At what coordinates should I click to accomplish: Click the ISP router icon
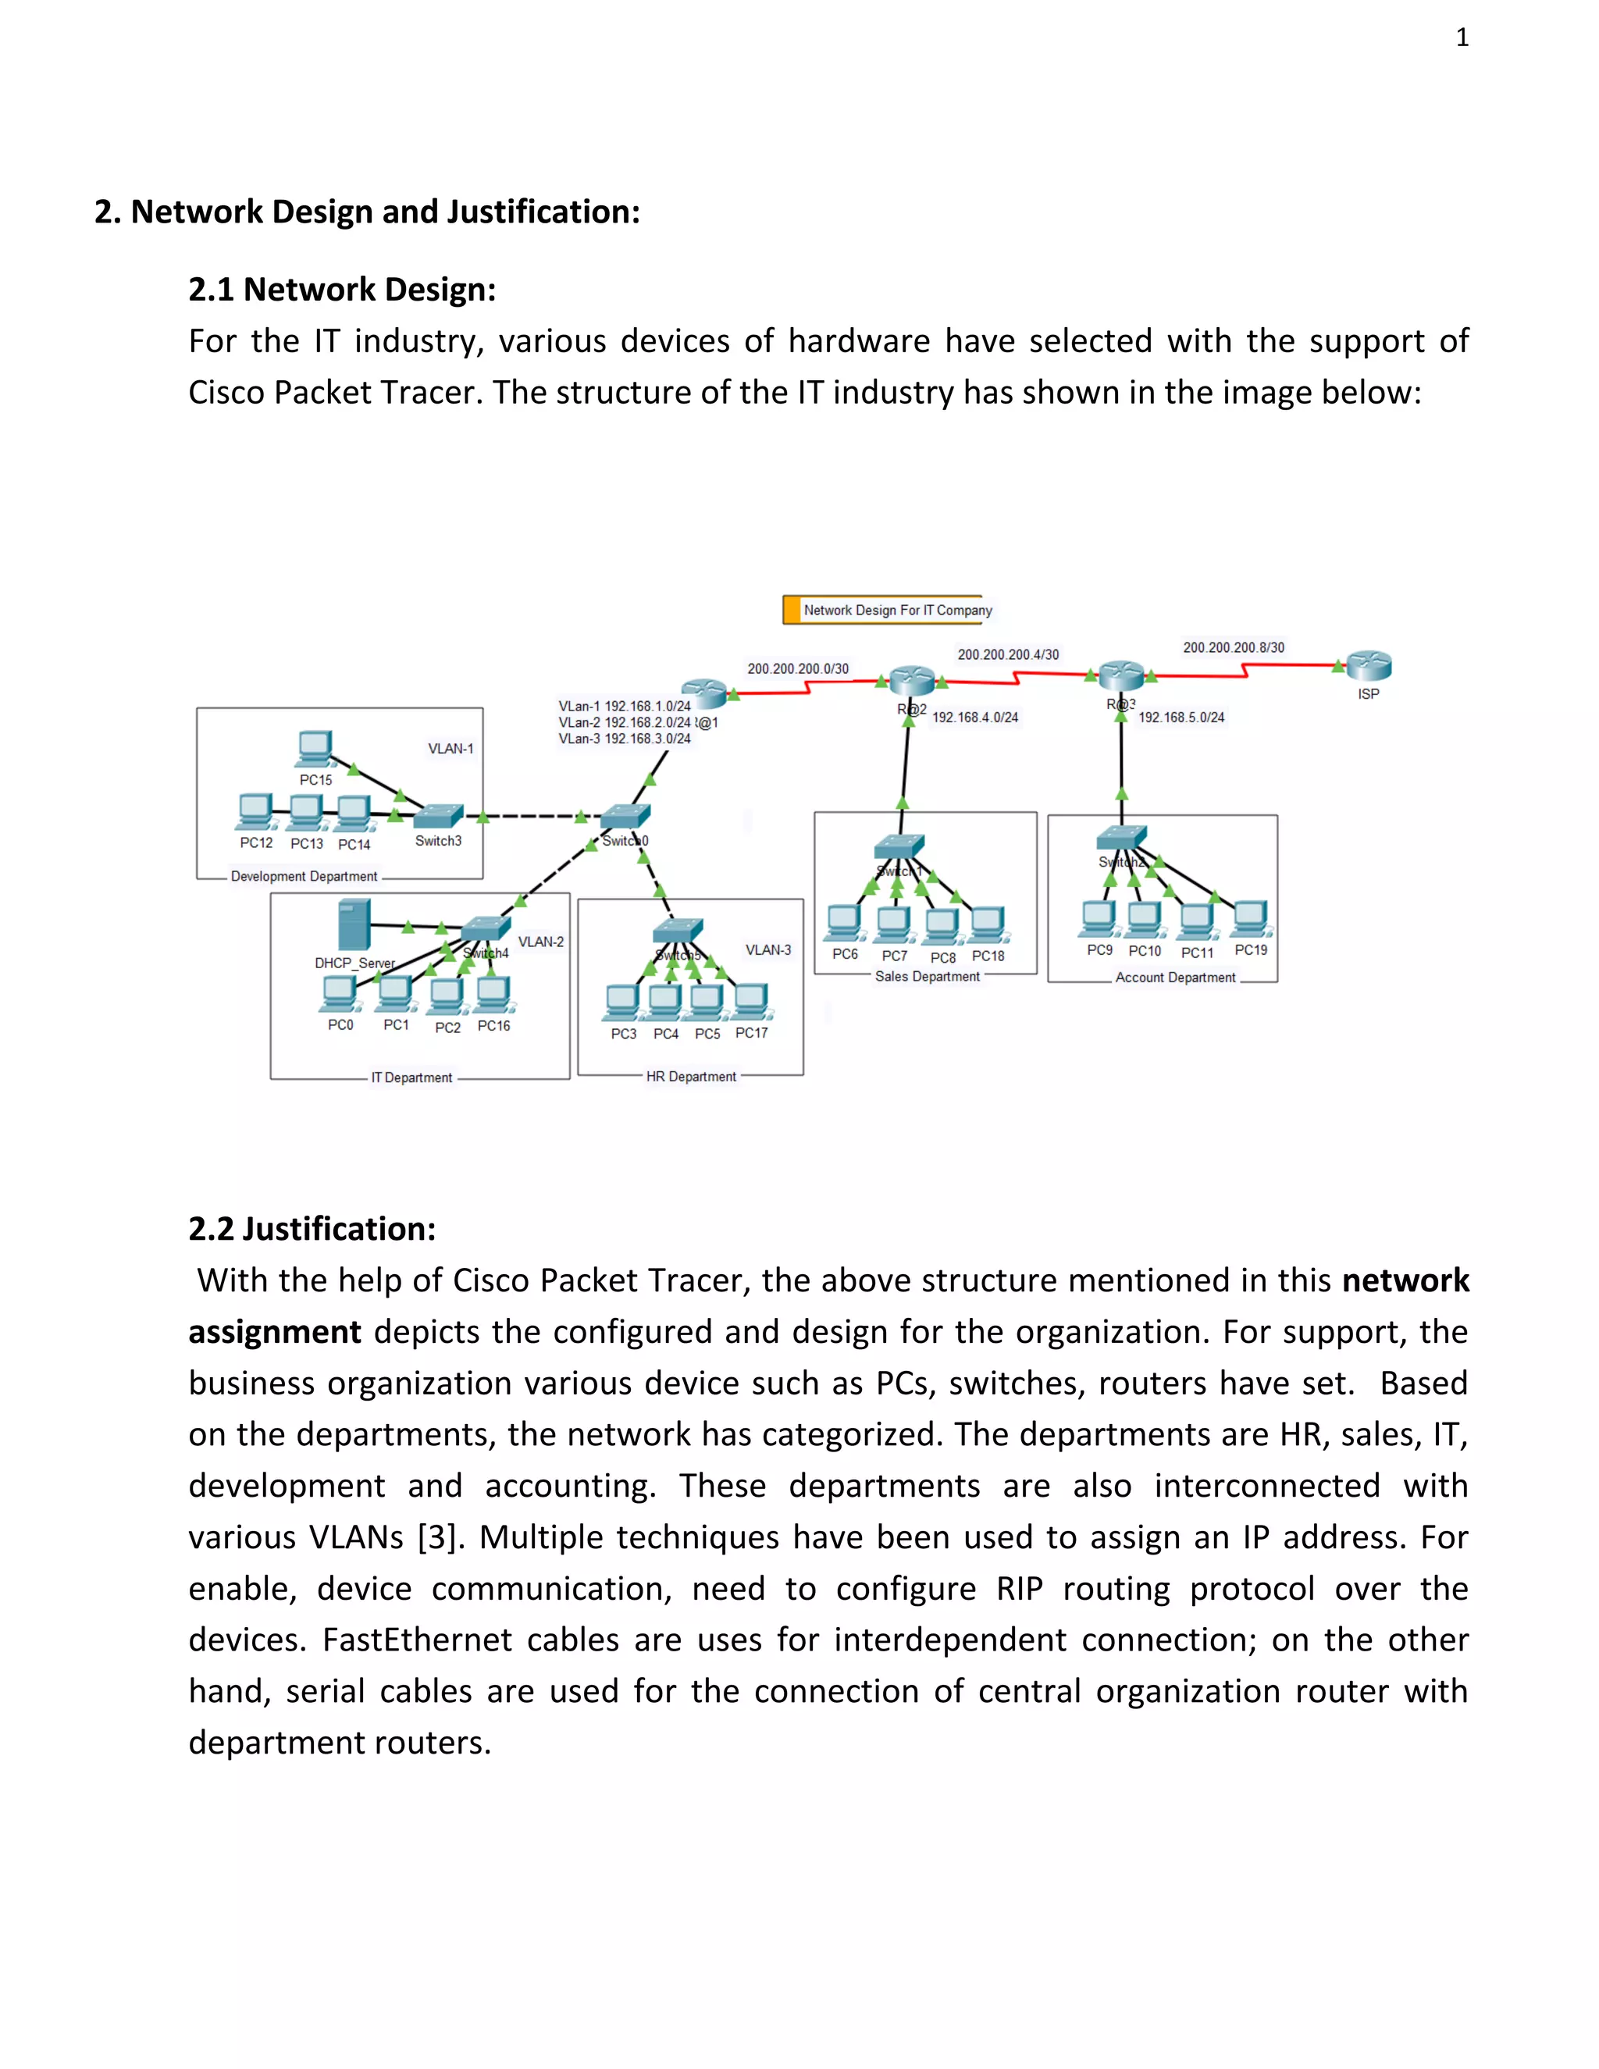point(1369,666)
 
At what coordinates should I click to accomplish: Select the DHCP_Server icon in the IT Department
point(354,925)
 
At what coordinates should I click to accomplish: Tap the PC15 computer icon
point(315,749)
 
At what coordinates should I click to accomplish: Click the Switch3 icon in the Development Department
point(439,816)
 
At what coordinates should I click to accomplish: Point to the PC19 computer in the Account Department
point(1251,917)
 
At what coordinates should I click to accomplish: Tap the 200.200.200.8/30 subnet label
point(1234,648)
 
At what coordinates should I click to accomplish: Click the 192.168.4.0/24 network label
point(974,718)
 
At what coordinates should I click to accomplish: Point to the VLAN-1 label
point(451,749)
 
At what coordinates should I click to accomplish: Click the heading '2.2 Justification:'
point(312,1229)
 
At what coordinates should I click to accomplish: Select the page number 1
point(1462,38)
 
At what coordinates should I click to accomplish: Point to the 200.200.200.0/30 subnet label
point(798,669)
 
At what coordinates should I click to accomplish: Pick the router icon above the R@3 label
point(1120,675)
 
